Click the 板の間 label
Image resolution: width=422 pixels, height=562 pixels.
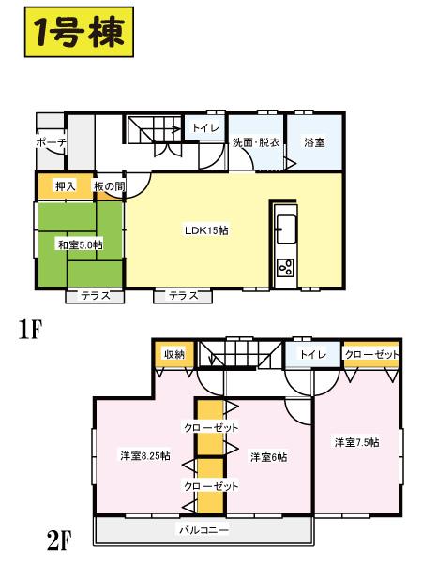click(x=109, y=185)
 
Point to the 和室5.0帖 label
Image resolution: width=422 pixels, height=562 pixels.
click(x=80, y=244)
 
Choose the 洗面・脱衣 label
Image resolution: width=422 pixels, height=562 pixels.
click(x=256, y=142)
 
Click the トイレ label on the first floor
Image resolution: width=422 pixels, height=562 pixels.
click(x=205, y=128)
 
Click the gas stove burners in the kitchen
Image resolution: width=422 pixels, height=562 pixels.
click(x=286, y=269)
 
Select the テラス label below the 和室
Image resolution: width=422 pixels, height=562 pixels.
click(x=95, y=296)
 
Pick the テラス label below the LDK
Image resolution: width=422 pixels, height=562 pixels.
click(x=183, y=296)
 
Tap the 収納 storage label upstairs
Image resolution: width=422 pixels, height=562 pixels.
click(x=174, y=354)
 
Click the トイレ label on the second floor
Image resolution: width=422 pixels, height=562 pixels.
click(x=311, y=354)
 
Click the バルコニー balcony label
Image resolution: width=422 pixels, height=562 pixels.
click(x=203, y=530)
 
